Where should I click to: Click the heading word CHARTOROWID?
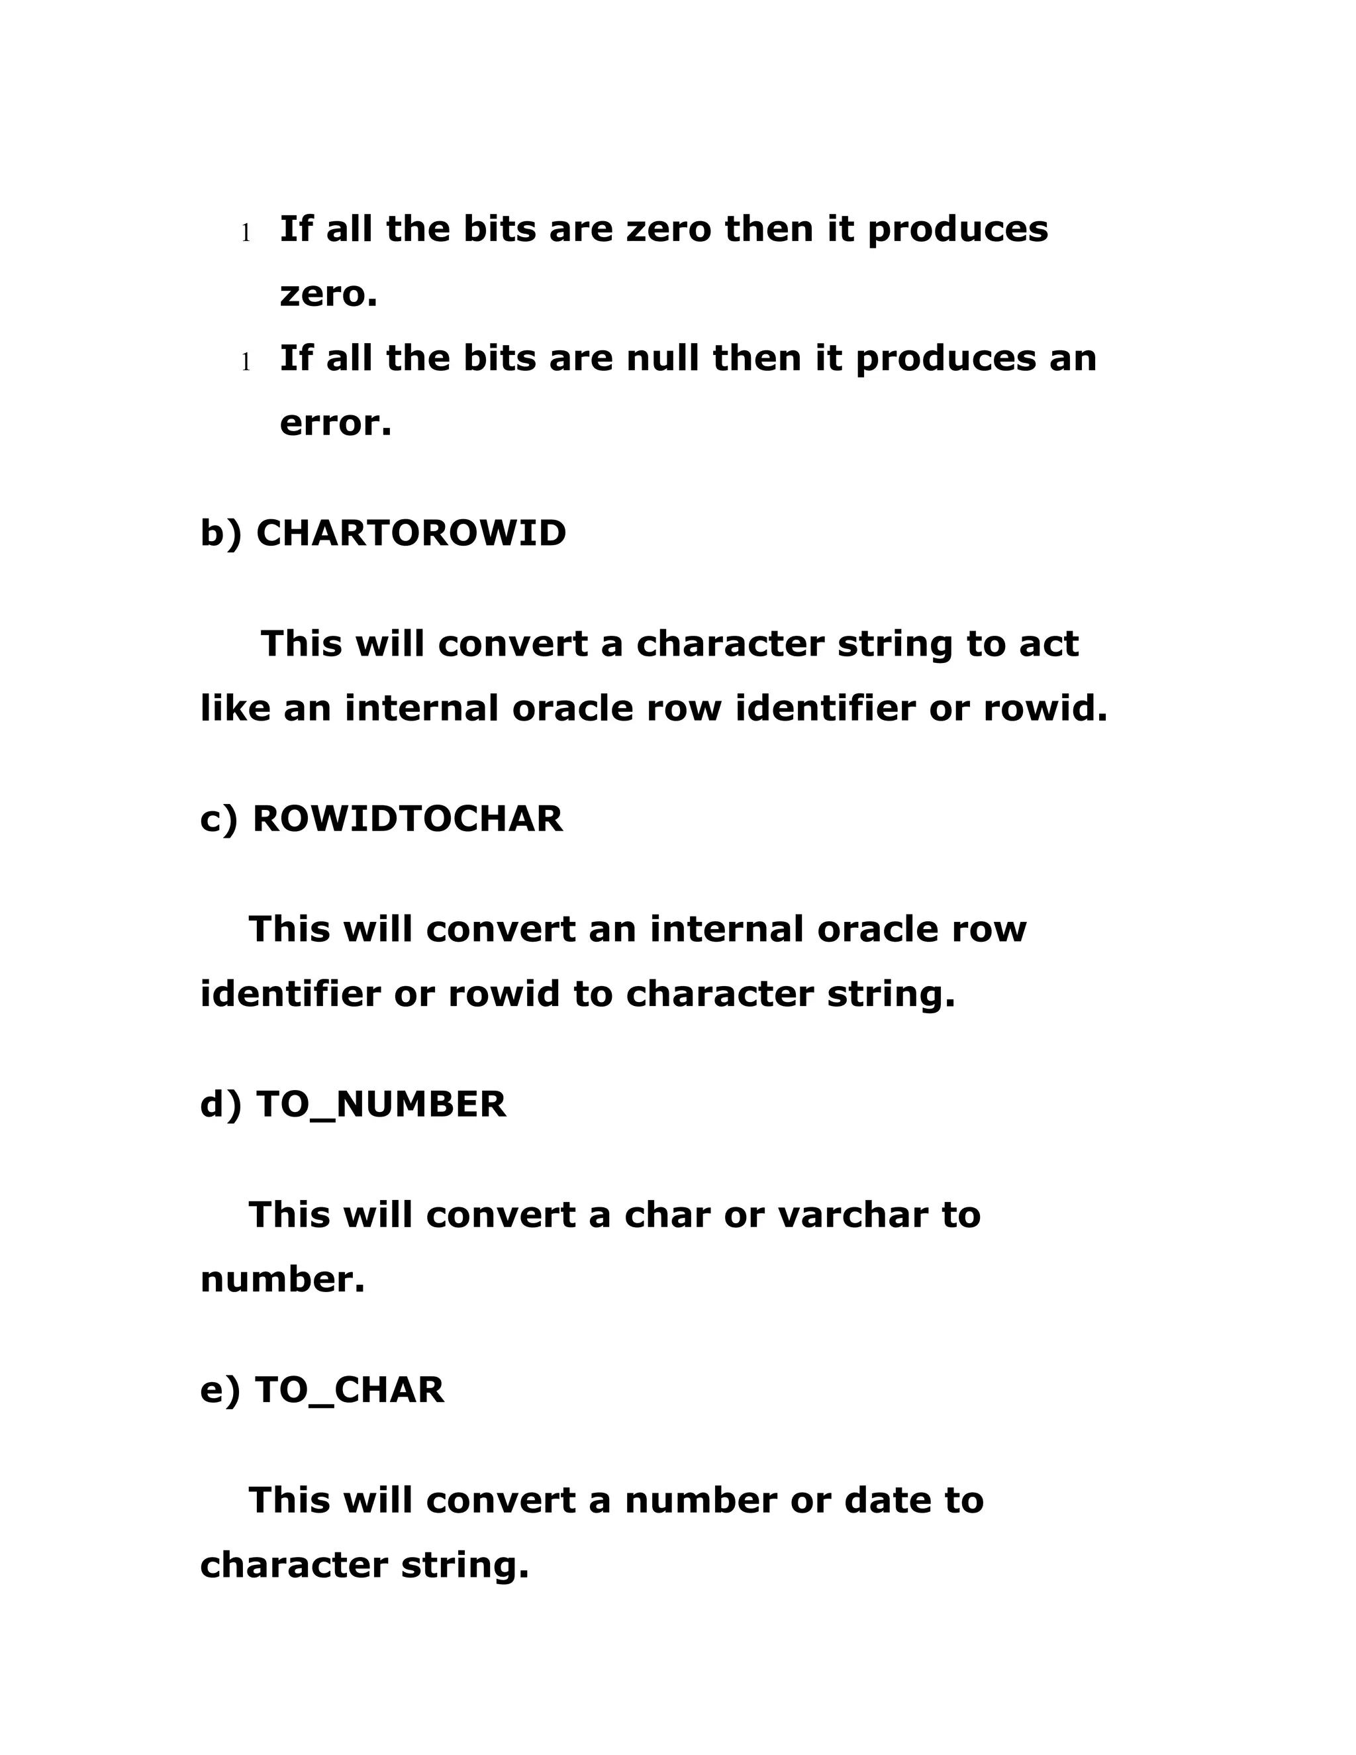click(x=411, y=534)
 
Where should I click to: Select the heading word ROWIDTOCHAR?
click(x=407, y=819)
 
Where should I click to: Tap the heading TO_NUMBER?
click(x=381, y=1104)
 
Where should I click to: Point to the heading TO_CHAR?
click(x=349, y=1389)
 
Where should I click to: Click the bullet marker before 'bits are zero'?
click(x=246, y=233)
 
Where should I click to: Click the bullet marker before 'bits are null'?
click(x=246, y=362)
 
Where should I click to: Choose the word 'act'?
click(x=1048, y=644)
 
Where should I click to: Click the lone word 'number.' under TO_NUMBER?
click(x=282, y=1279)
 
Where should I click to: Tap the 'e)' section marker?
click(x=219, y=1389)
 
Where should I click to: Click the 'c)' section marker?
click(x=218, y=819)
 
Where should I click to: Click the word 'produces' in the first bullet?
click(x=957, y=230)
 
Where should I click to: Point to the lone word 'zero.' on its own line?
click(x=328, y=294)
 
